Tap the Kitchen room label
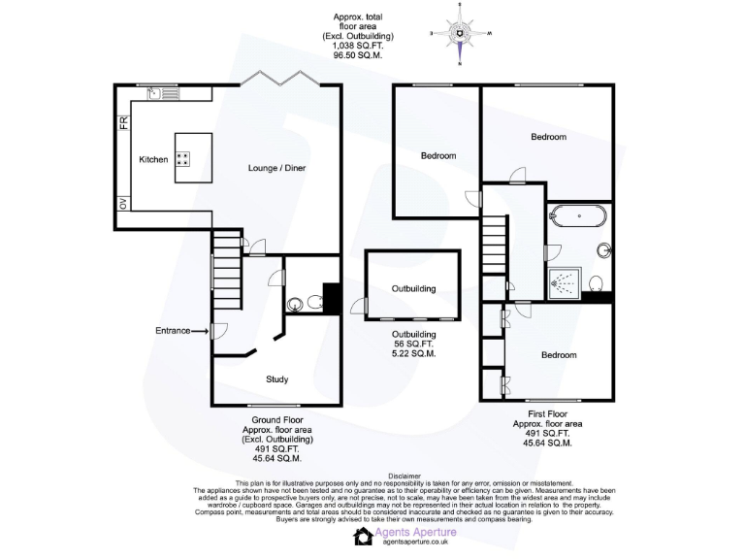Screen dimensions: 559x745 click(153, 159)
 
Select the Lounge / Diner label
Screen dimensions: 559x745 click(276, 168)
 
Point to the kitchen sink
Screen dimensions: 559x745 click(155, 94)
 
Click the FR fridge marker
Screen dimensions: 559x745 click(124, 122)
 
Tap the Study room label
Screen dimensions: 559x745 click(276, 378)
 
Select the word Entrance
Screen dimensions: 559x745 click(172, 331)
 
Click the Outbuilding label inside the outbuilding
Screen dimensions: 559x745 click(413, 288)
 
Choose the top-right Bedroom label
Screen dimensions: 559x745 click(548, 137)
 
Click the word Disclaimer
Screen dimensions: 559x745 click(404, 477)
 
